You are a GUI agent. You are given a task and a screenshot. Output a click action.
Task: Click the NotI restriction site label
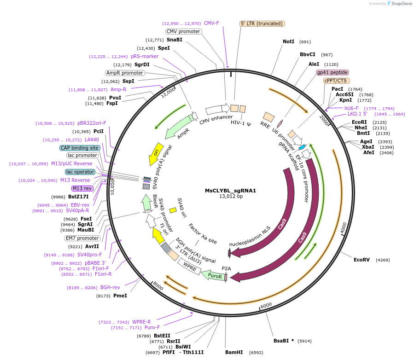(x=288, y=41)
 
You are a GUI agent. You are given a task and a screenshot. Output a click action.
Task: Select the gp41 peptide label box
(x=332, y=72)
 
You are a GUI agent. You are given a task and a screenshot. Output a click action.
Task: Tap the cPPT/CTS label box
(x=335, y=81)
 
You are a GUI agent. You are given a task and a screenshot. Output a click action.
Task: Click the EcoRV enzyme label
(x=362, y=260)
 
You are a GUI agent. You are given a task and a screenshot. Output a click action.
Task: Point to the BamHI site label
(x=234, y=352)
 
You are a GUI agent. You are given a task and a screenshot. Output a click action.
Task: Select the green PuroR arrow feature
(x=215, y=276)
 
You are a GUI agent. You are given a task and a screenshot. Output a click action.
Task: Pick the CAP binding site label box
(x=80, y=148)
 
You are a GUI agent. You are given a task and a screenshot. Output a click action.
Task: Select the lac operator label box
(x=80, y=172)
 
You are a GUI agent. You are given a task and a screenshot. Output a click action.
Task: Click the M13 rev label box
(x=82, y=188)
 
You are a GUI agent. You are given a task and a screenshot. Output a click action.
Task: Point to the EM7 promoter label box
(x=82, y=238)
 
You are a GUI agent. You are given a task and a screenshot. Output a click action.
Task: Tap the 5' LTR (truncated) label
(x=262, y=23)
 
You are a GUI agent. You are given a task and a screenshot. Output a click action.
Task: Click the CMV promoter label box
(x=184, y=31)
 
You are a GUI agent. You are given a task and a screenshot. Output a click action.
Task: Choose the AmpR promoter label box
(x=125, y=73)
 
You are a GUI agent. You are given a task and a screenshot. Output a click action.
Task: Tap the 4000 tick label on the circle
(x=343, y=227)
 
